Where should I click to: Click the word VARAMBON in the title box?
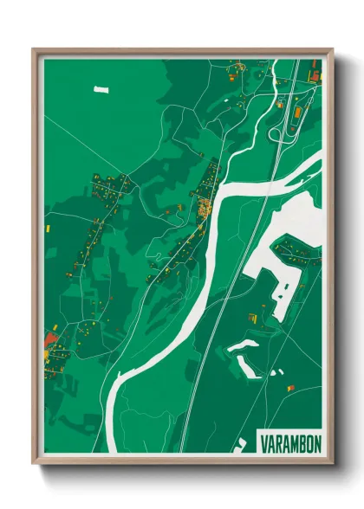pos(289,443)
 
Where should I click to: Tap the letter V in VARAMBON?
pos(263,443)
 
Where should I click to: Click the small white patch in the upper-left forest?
pos(101,88)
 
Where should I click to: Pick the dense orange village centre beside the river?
pos(205,207)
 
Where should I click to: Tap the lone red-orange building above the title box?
pos(291,386)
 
